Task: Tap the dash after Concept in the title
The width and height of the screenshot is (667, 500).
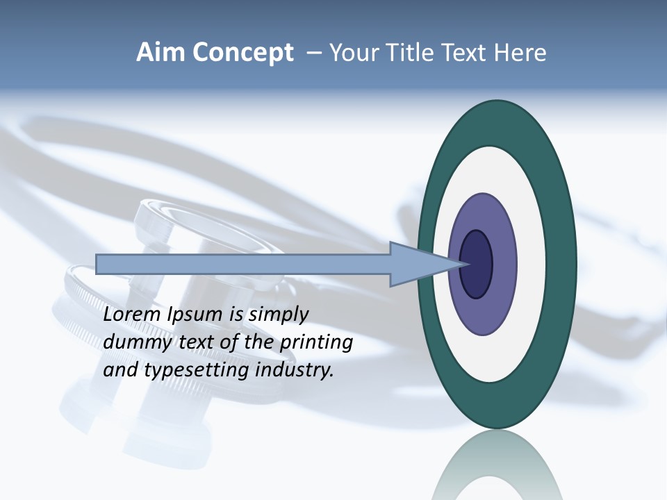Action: pos(313,53)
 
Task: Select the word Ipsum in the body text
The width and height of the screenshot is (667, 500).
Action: pos(197,315)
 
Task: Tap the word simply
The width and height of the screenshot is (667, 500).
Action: pos(278,315)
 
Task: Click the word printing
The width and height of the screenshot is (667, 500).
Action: pos(316,343)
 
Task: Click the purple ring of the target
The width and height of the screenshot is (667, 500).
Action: pos(482,312)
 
